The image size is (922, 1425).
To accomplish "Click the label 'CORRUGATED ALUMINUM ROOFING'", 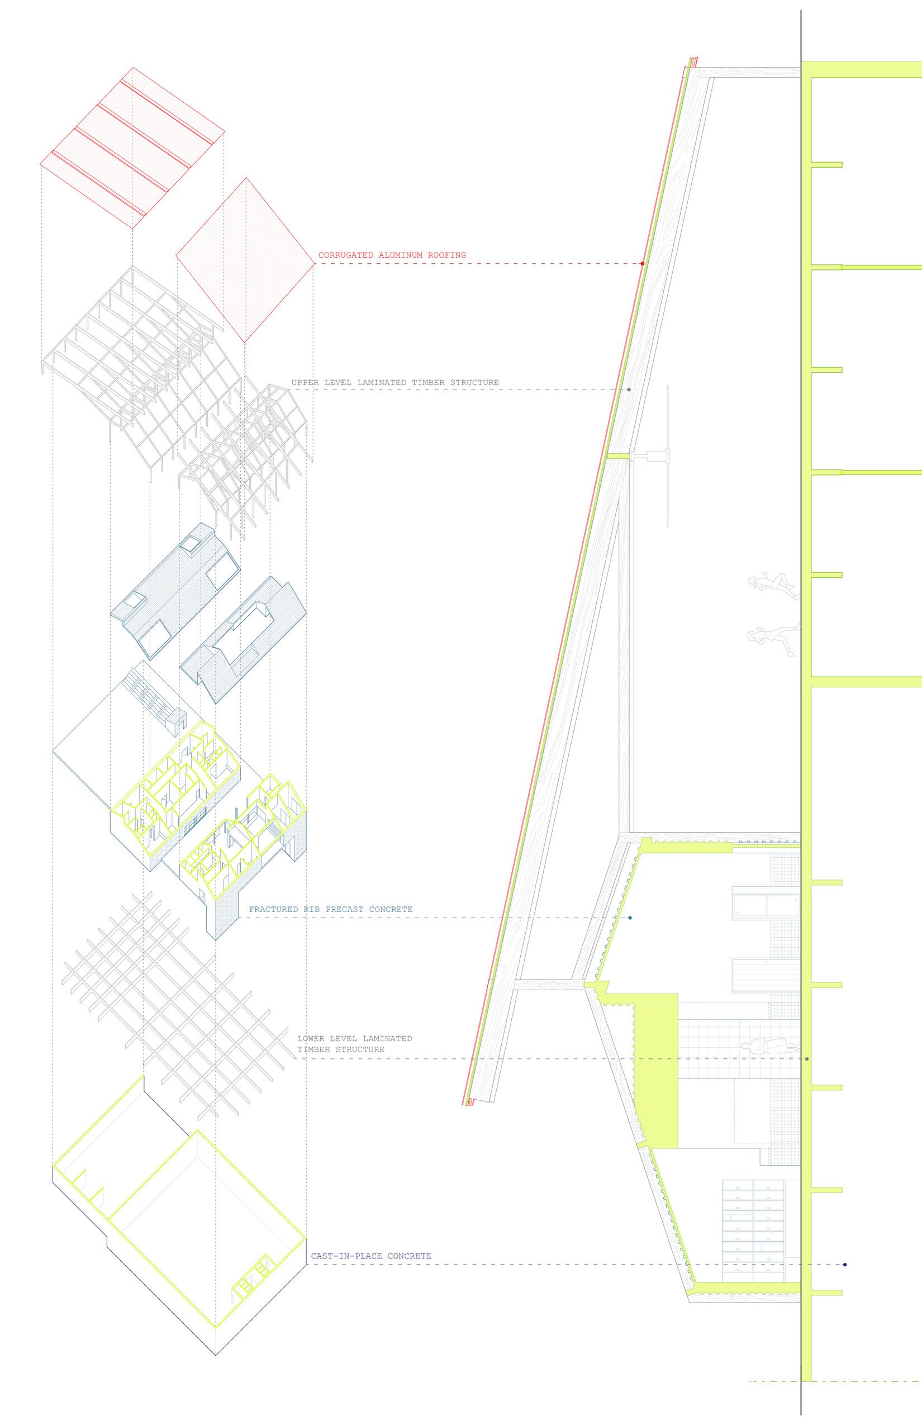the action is click(392, 255).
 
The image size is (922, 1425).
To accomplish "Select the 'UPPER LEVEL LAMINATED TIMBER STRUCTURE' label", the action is click(395, 383).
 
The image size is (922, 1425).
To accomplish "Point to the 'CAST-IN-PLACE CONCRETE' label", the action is click(370, 1256).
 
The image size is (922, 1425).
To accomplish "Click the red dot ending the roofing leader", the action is click(643, 263).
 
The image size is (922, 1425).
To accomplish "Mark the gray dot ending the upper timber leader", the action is click(629, 390).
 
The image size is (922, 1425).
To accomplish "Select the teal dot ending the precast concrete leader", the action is click(630, 917).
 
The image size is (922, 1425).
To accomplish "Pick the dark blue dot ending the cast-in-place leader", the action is click(845, 1265).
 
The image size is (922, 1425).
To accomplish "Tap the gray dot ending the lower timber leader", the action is click(807, 1059).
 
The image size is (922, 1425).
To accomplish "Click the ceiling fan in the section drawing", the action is click(656, 456).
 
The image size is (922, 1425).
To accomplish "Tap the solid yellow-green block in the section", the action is click(656, 1072).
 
